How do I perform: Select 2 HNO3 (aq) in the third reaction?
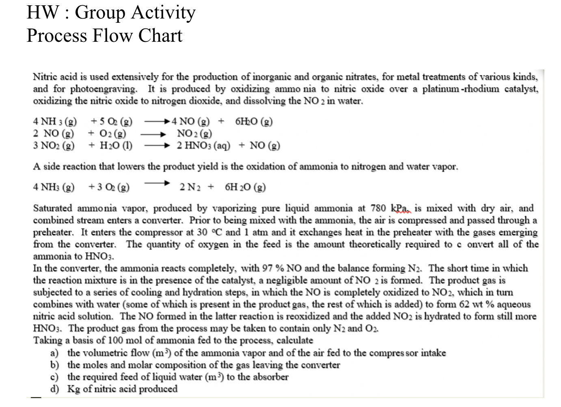(203, 145)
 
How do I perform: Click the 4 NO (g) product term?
(190, 121)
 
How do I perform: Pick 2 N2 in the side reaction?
(190, 187)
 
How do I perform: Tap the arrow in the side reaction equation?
(156, 183)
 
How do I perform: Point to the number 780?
(378, 208)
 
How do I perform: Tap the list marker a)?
(54, 353)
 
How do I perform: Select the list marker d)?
(54, 389)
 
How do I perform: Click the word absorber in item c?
(269, 377)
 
